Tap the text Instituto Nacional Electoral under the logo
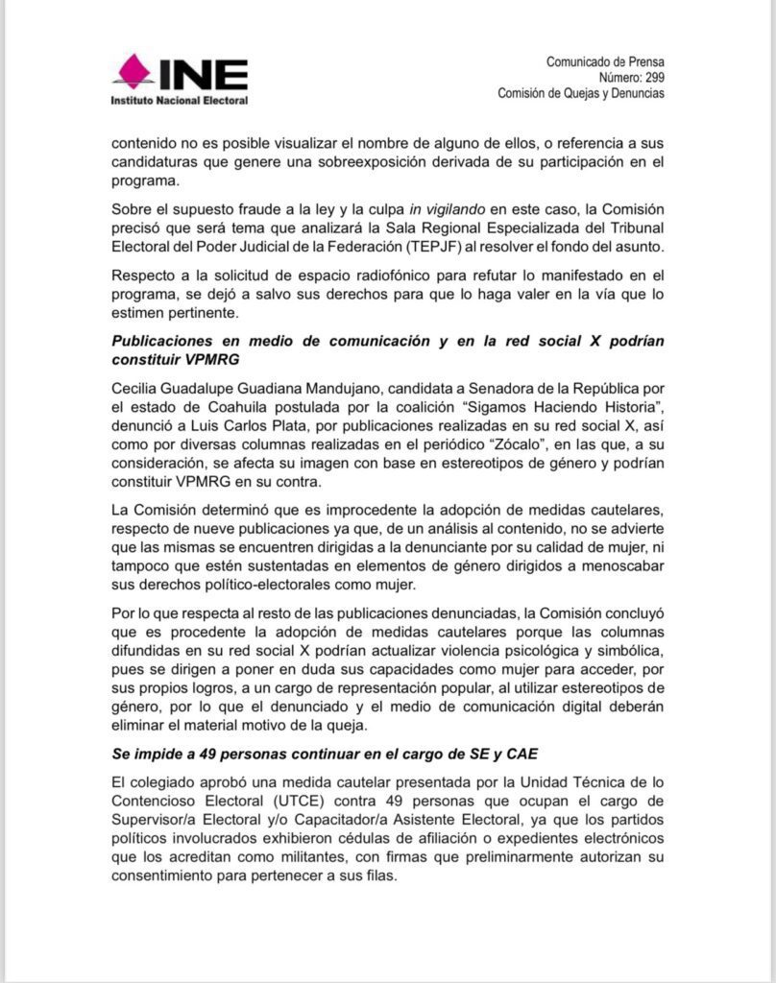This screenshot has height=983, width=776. pyautogui.click(x=180, y=100)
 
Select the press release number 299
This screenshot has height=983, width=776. pyautogui.click(x=653, y=78)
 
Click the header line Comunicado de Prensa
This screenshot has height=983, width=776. pyautogui.click(x=605, y=62)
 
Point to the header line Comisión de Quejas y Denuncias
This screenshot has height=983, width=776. pyautogui.click(x=580, y=93)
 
